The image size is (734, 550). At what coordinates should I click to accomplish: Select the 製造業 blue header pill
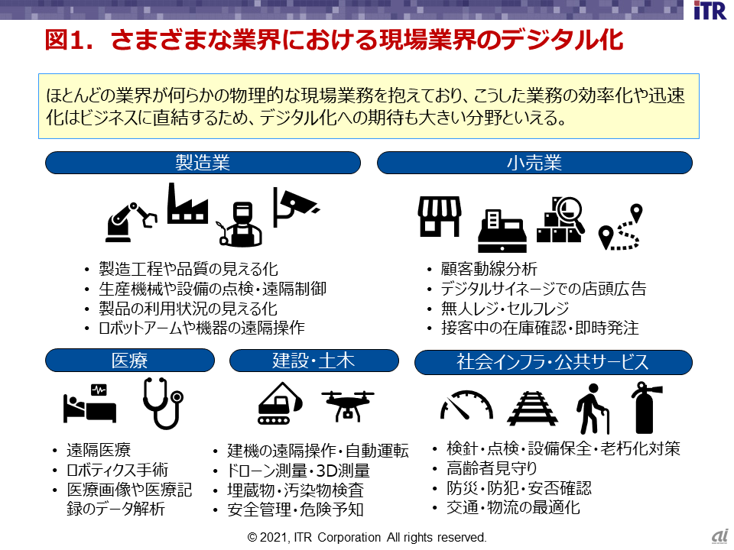pyautogui.click(x=203, y=163)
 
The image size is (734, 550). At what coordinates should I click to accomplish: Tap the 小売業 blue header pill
pyautogui.click(x=534, y=163)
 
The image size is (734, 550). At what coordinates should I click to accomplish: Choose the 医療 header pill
pyautogui.click(x=128, y=361)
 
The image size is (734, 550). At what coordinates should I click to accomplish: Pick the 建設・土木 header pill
pyautogui.click(x=313, y=361)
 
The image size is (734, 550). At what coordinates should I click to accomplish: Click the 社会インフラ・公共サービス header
pyautogui.click(x=553, y=362)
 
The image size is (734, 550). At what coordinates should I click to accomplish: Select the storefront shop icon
pyautogui.click(x=440, y=216)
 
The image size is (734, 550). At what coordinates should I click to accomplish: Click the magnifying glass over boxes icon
pyautogui.click(x=561, y=219)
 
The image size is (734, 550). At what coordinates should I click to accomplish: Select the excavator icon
pyautogui.click(x=280, y=403)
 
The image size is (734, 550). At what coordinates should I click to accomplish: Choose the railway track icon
pyautogui.click(x=531, y=407)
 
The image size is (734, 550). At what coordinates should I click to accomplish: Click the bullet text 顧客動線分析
pyautogui.click(x=489, y=269)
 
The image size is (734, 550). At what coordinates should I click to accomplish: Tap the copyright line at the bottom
pyautogui.click(x=367, y=537)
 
